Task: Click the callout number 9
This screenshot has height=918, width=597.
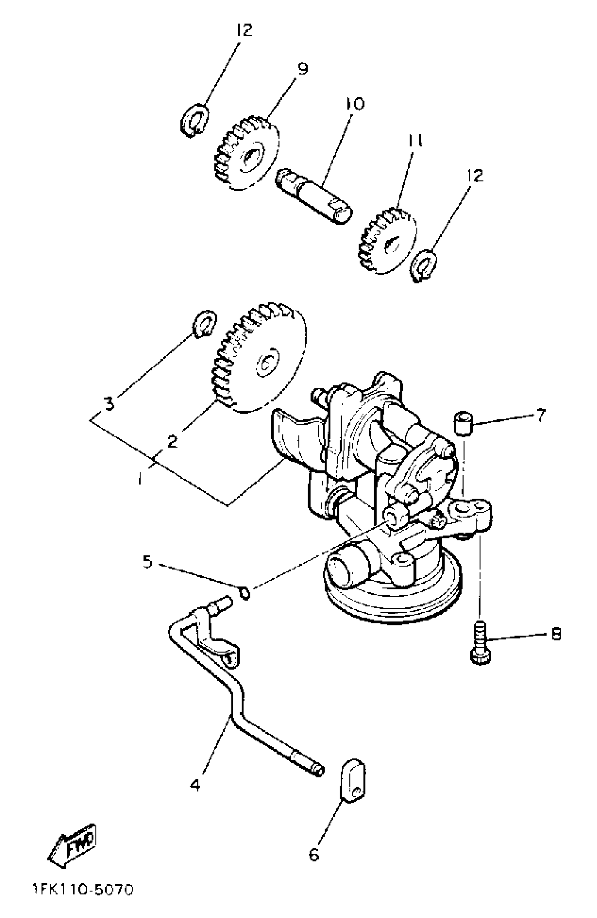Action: [x=303, y=69]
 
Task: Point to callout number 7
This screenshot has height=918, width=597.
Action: [x=541, y=415]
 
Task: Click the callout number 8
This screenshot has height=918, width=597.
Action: [x=556, y=634]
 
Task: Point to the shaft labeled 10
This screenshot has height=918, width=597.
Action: [x=314, y=196]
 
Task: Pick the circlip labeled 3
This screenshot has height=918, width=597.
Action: [x=204, y=323]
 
